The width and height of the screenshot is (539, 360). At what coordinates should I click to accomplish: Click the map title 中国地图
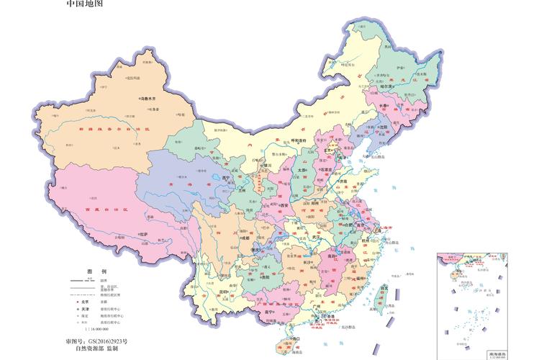point(85,4)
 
